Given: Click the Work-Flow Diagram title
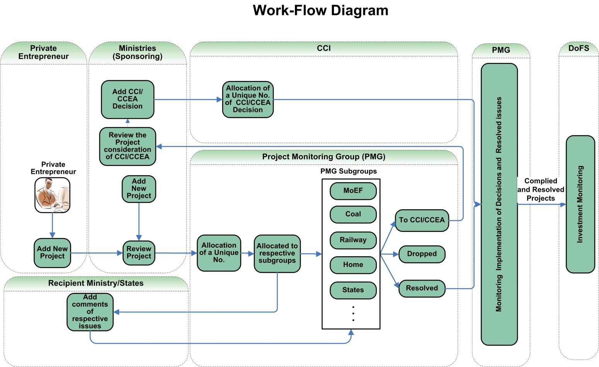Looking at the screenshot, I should click(320, 10).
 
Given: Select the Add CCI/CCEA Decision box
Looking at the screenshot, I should click(128, 99).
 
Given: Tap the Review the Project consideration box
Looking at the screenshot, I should click(128, 146).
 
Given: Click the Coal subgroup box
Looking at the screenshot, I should click(353, 214).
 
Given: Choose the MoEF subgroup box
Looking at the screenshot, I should click(353, 191).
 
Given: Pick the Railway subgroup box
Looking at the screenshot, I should click(353, 240).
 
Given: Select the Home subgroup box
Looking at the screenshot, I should click(353, 265).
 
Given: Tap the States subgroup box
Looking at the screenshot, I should click(353, 290).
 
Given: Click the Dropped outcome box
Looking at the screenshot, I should click(422, 254).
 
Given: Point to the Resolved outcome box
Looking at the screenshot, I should click(422, 288).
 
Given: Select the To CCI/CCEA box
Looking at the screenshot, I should click(422, 220).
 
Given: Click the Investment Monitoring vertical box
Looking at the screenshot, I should click(580, 204).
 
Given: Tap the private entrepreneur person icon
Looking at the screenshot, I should click(52, 195).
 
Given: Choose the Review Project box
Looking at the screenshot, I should click(139, 253).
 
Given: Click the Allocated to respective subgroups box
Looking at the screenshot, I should click(277, 253).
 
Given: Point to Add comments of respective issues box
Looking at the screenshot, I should click(90, 312).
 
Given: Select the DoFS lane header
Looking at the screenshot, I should click(579, 48).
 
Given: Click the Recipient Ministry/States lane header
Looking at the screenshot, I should click(95, 283).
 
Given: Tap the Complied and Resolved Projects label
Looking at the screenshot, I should click(541, 189).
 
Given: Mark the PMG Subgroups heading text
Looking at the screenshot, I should click(348, 171).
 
